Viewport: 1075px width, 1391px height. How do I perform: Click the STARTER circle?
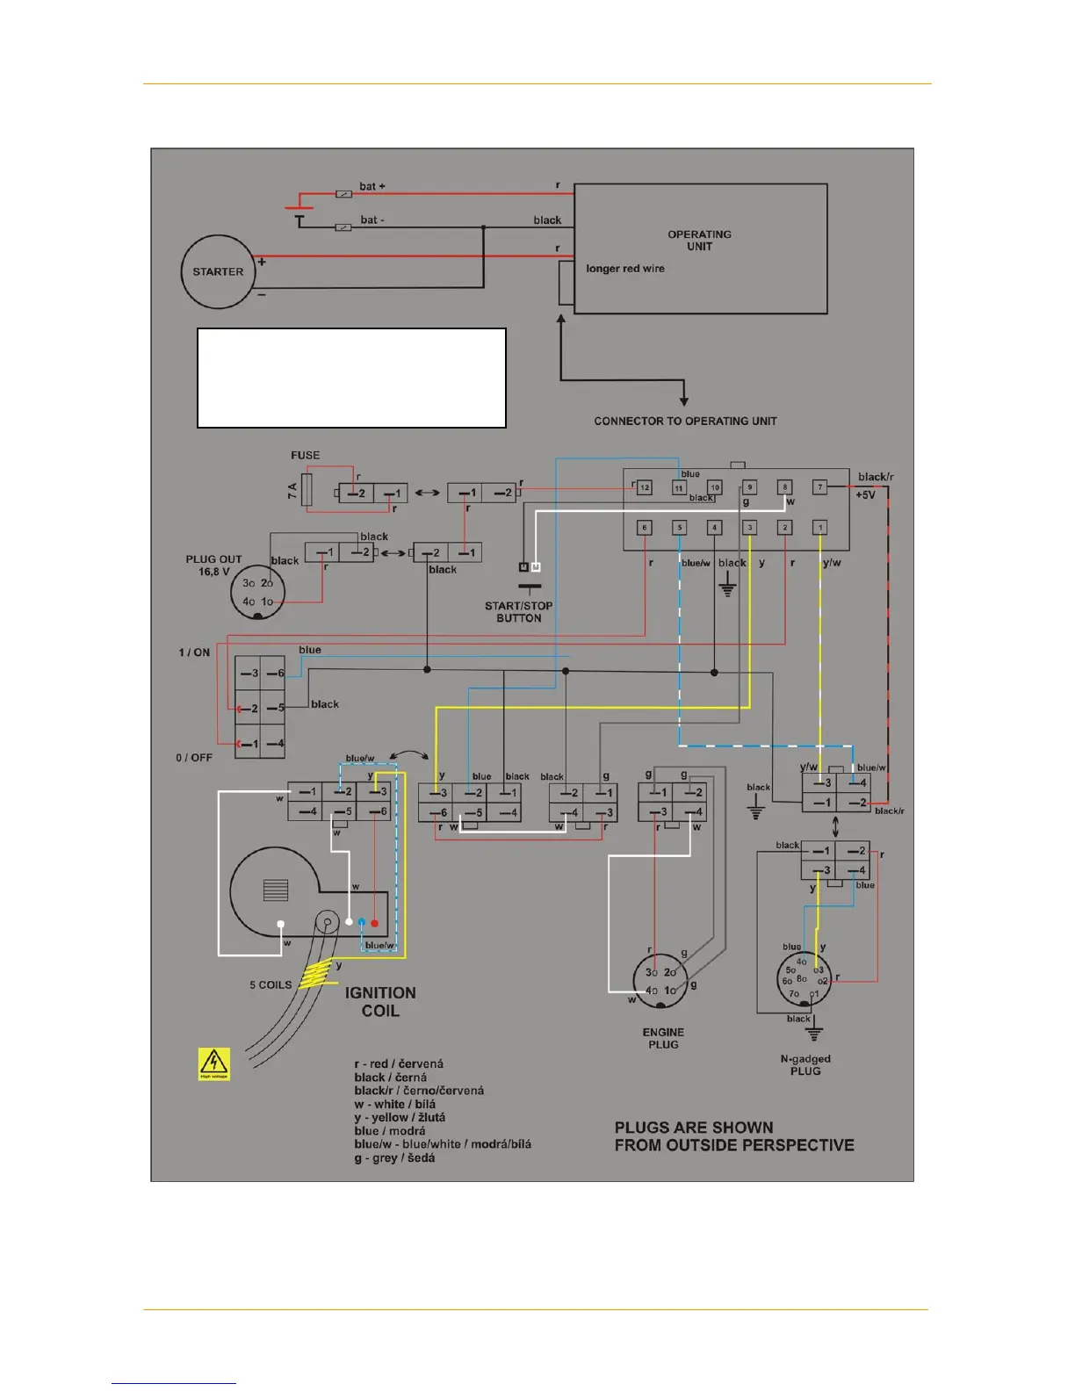click(x=218, y=272)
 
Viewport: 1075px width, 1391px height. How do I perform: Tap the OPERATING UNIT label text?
click(x=699, y=241)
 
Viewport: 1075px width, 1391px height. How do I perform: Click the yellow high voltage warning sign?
click(x=213, y=1063)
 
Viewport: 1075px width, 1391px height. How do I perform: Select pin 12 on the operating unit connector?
click(x=645, y=487)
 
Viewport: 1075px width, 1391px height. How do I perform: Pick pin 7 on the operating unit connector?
click(x=819, y=486)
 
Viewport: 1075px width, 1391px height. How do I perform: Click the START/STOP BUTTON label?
click(x=518, y=612)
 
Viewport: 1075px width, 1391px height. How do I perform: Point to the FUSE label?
click(x=306, y=455)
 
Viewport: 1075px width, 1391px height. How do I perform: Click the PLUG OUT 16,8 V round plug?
click(x=257, y=592)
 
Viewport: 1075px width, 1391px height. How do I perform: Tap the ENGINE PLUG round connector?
click(x=660, y=981)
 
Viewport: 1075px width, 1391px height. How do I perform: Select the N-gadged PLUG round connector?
click(x=803, y=979)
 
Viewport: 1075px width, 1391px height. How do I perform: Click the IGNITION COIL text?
click(x=380, y=1002)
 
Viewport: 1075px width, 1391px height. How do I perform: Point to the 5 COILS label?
click(x=271, y=985)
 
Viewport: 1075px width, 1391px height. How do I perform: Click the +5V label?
click(x=865, y=495)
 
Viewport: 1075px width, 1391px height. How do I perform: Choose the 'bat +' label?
click(x=372, y=186)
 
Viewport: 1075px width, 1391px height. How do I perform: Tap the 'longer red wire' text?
click(x=625, y=269)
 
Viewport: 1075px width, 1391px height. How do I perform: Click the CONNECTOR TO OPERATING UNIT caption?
click(x=685, y=422)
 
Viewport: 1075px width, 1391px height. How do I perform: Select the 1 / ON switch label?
click(x=194, y=652)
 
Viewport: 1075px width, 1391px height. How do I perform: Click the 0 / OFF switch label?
click(x=194, y=758)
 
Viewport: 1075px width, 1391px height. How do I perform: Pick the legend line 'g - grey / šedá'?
click(x=394, y=1158)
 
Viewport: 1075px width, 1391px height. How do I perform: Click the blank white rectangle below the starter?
click(x=351, y=378)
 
